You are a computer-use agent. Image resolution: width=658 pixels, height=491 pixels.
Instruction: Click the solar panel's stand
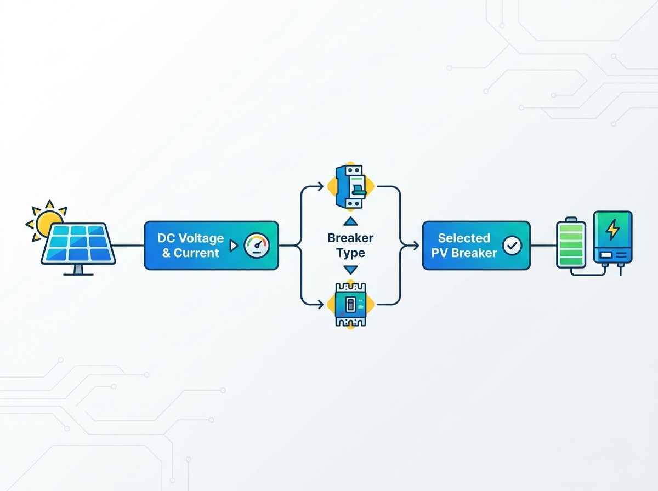(x=78, y=270)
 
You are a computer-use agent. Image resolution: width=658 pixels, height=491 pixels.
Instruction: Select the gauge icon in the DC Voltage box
(x=257, y=245)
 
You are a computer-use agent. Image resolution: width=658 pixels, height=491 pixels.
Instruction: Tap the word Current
(x=196, y=253)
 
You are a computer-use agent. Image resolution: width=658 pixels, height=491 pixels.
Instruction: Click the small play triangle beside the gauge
(x=234, y=245)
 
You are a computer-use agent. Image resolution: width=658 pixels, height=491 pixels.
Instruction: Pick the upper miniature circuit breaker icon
(x=351, y=186)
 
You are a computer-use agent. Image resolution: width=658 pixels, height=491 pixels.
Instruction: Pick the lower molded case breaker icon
(x=351, y=305)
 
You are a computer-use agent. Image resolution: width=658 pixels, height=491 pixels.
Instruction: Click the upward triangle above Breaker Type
(x=350, y=221)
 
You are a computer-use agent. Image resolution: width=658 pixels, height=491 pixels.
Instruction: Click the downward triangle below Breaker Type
(x=350, y=270)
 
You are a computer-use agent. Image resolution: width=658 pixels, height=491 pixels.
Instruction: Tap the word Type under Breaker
(x=350, y=253)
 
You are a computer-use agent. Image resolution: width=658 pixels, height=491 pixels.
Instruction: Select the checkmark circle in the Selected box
(x=512, y=245)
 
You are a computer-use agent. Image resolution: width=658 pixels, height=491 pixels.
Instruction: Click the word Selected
(x=464, y=238)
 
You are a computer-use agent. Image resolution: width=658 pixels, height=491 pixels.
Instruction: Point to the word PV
(x=440, y=253)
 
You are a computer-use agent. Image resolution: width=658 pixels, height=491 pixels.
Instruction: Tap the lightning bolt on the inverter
(x=612, y=230)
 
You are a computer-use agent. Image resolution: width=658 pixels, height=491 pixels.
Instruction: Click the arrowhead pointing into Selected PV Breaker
(x=416, y=245)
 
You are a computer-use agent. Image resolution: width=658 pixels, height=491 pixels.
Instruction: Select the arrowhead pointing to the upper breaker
(x=321, y=186)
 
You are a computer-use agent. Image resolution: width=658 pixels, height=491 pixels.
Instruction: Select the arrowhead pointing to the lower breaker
(x=321, y=305)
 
